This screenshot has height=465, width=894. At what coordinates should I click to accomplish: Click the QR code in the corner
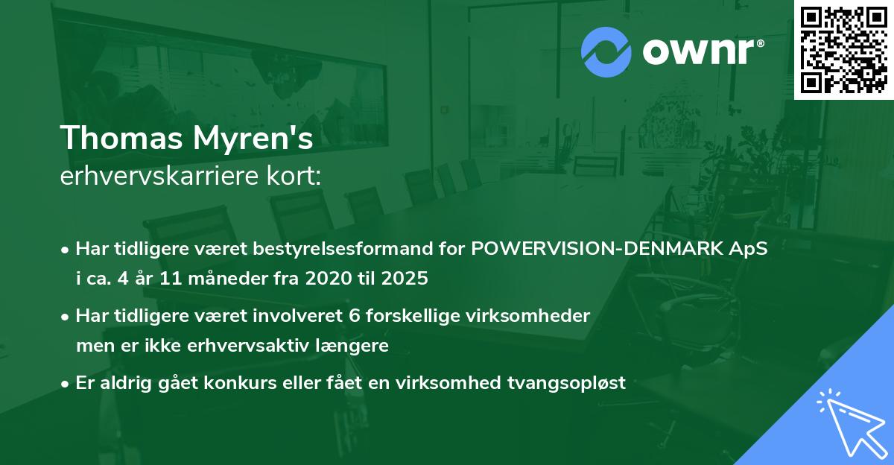pyautogui.click(x=843, y=50)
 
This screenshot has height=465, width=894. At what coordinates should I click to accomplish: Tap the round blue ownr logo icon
pyautogui.click(x=606, y=52)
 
